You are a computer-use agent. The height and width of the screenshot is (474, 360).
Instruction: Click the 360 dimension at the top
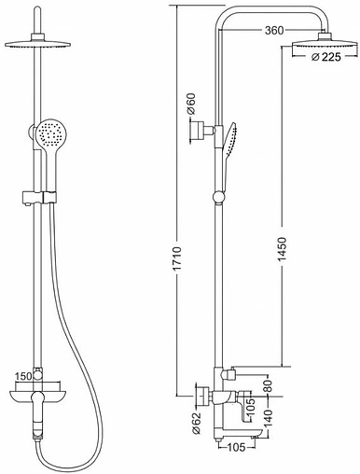point(273,30)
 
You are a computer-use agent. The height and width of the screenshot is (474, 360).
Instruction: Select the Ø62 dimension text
point(193,425)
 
